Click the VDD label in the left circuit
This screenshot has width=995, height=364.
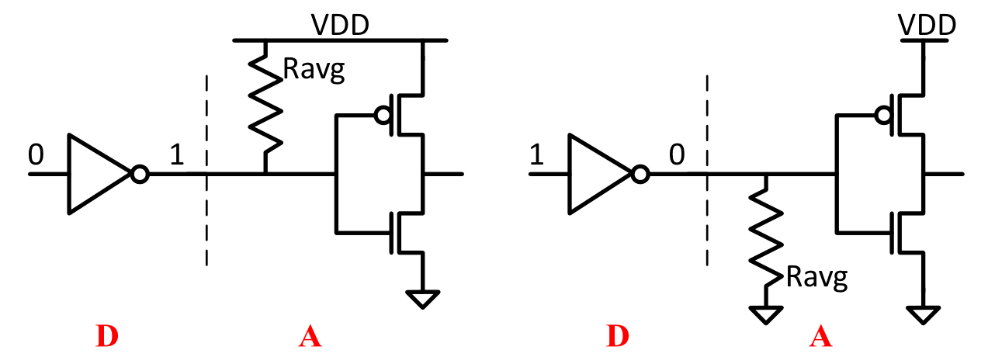point(339,25)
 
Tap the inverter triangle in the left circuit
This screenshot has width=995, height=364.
point(99,174)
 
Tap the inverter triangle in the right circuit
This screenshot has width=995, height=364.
point(598,174)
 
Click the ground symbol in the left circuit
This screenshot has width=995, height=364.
point(423,298)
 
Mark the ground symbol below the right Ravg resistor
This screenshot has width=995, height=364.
point(765,314)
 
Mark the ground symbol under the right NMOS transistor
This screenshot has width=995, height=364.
point(923,314)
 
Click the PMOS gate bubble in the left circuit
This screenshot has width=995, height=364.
point(381,116)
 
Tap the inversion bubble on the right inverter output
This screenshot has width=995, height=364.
point(640,175)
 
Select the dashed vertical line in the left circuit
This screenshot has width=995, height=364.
point(206,171)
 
